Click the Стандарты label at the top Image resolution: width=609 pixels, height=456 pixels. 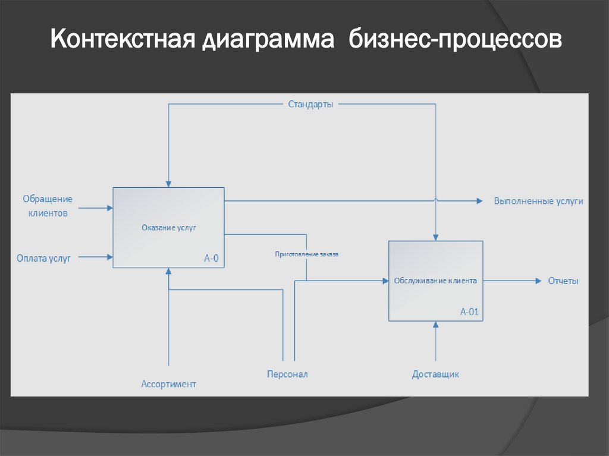tap(310, 104)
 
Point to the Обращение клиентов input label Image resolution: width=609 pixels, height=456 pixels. tap(48, 206)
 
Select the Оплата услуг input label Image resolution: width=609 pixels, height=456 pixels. tap(43, 257)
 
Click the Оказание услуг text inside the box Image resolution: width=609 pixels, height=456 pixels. tap(168, 227)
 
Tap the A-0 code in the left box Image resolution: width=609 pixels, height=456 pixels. tap(211, 258)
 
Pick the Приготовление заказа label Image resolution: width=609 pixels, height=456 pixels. tap(306, 254)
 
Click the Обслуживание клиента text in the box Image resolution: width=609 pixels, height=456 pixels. tap(435, 281)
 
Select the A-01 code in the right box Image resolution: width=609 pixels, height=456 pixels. tap(469, 312)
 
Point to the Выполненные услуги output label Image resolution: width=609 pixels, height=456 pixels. tap(538, 201)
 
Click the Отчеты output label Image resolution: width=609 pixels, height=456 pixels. tap(563, 281)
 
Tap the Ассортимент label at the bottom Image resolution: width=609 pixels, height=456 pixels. tap(168, 384)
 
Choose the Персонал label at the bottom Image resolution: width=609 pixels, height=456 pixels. tap(287, 374)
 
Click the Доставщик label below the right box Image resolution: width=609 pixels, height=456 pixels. tap(435, 374)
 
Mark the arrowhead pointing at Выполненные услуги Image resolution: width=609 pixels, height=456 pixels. tap(479, 201)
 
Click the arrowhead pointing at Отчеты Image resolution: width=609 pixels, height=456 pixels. tap(538, 281)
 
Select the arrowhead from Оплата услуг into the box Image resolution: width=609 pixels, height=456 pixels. tap(109, 257)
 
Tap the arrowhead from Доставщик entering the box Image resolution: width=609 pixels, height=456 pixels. tap(436, 325)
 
